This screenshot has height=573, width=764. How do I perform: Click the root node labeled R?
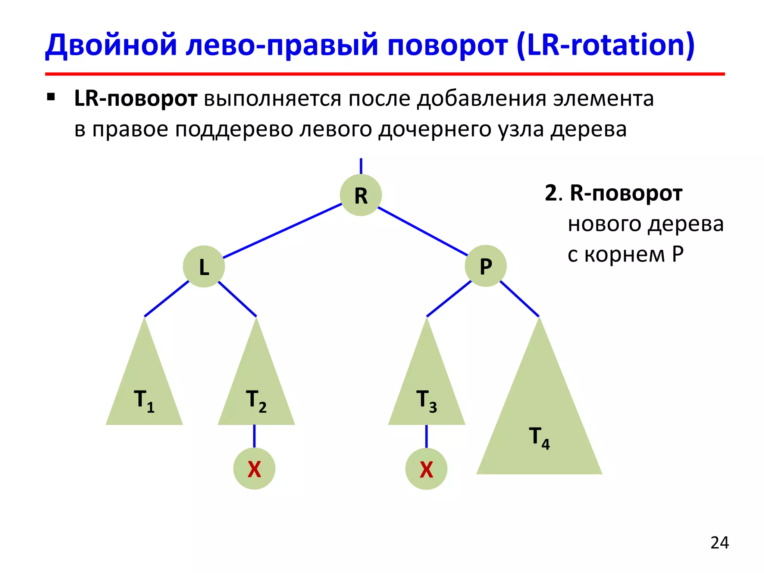361,195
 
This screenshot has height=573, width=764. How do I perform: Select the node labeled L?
204,266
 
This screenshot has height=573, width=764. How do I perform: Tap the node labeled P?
485,266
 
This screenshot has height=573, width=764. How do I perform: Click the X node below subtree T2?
254,469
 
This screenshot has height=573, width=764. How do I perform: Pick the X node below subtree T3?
426,469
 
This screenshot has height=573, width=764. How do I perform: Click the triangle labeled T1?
144,388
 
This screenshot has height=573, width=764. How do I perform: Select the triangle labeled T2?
256,388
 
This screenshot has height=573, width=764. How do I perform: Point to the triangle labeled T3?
427,388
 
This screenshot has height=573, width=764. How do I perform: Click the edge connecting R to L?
282,231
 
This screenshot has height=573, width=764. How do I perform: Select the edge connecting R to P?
423,231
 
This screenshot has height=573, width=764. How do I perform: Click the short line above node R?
361,166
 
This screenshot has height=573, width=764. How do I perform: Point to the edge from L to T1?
167,299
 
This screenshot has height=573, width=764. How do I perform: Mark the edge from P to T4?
519,299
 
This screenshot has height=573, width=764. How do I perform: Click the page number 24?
720,543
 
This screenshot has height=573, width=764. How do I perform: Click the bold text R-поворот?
626,193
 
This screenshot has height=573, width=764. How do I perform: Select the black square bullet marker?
51,98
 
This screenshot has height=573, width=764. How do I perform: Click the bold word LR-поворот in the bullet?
136,98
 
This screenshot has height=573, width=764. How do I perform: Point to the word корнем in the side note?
625,255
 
